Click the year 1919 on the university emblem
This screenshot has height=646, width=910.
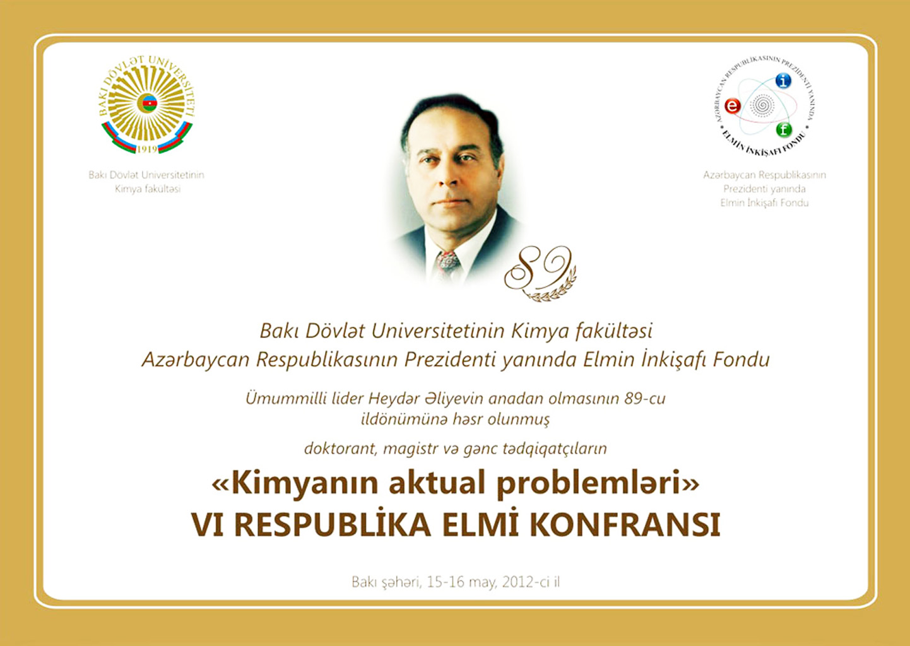coord(146,150)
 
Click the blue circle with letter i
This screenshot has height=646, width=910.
coord(783,81)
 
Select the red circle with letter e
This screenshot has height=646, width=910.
coord(733,106)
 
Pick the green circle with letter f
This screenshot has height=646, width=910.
coord(784,130)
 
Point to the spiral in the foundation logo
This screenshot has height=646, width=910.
coord(762,105)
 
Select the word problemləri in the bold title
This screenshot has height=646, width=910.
coord(589,484)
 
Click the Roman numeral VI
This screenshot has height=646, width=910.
coord(208,525)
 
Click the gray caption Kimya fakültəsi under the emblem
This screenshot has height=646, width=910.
coord(148,189)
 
